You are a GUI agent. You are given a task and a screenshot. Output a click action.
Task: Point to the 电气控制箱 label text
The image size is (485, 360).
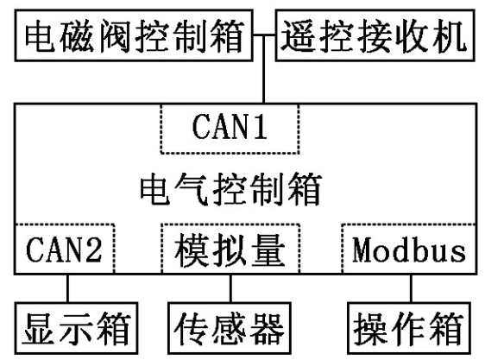[x=231, y=189]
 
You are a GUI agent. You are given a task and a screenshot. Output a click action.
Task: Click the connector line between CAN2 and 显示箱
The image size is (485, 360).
[x=67, y=288]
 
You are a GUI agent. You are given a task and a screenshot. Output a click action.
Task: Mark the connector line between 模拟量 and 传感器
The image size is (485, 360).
[x=230, y=288]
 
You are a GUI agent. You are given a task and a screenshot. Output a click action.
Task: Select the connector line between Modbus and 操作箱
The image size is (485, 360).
[x=411, y=288]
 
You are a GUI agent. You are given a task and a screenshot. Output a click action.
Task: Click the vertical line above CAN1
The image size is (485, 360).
[x=264, y=69]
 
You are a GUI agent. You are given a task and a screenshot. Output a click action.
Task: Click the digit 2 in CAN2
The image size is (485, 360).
[x=92, y=249]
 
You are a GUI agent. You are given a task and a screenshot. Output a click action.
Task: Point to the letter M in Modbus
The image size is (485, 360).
[x=362, y=249]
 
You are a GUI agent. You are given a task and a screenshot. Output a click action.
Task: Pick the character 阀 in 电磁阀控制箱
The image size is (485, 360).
[x=114, y=35]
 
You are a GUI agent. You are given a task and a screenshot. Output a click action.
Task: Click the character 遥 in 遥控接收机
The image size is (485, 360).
[x=299, y=35]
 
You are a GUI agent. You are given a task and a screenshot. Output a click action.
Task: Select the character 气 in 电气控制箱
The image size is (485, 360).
[x=191, y=189]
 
